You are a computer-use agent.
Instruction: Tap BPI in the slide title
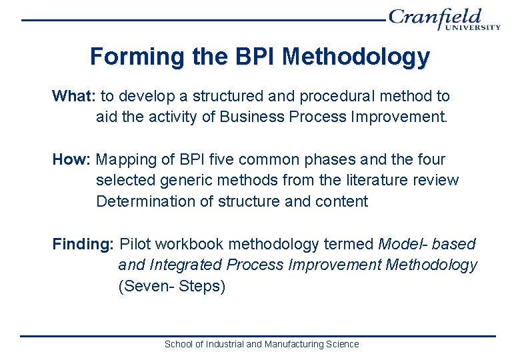tap(255, 57)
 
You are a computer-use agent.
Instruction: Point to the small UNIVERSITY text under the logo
tap(474, 28)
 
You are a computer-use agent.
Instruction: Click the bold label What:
tap(74, 96)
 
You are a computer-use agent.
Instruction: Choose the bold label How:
tap(72, 159)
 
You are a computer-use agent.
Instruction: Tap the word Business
tap(253, 117)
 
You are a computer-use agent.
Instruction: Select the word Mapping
tap(127, 159)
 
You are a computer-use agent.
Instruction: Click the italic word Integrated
tap(187, 265)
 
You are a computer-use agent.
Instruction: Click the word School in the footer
tap(177, 344)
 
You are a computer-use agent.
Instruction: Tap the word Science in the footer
tap(343, 344)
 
